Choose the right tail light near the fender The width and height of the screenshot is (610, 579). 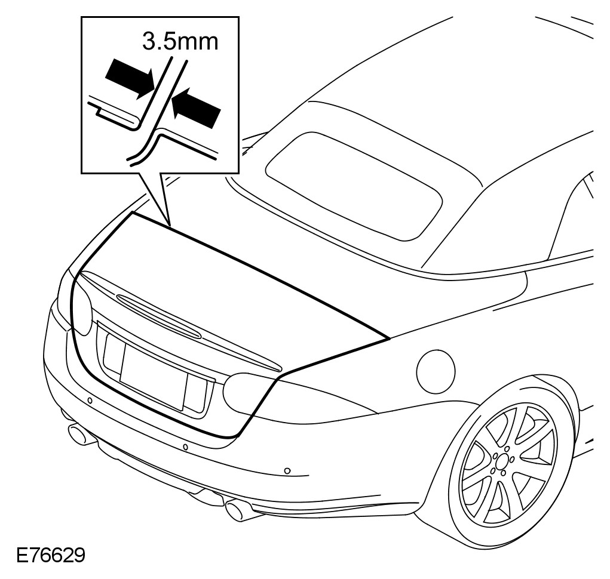(248, 392)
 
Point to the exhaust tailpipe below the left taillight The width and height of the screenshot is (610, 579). (81, 435)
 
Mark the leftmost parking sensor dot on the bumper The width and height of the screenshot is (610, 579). (90, 399)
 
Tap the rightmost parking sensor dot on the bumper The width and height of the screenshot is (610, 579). (287, 471)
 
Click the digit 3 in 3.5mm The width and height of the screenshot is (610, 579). (149, 42)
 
